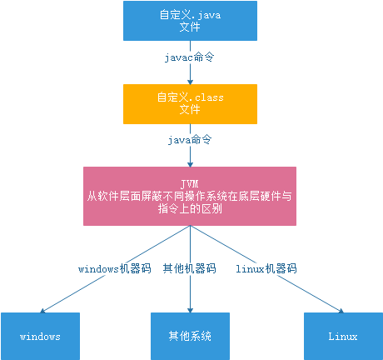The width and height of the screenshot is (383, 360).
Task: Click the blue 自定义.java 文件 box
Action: pyautogui.click(x=190, y=21)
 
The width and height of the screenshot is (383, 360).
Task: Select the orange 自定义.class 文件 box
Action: pyautogui.click(x=190, y=104)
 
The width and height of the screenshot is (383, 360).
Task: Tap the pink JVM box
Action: pyautogui.click(x=190, y=196)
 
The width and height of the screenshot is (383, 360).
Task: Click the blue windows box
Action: pyautogui.click(x=40, y=336)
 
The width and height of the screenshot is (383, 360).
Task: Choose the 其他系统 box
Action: pyautogui.click(x=190, y=336)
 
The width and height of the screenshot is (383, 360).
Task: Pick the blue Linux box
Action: pyautogui.click(x=343, y=336)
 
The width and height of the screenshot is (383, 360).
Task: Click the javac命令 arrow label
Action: pyautogui.click(x=189, y=57)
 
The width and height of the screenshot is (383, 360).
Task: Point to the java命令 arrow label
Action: pyautogui.click(x=190, y=140)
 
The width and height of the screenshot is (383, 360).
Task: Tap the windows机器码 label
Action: pyautogui.click(x=115, y=268)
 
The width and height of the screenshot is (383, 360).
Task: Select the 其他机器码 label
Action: pyautogui.click(x=190, y=268)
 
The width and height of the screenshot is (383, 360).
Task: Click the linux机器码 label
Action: pyautogui.click(x=266, y=268)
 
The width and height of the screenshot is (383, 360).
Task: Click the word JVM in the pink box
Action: pyautogui.click(x=190, y=184)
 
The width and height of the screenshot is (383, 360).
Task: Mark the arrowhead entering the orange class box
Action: pyautogui.click(x=190, y=82)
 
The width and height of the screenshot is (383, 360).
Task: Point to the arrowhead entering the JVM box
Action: pyautogui.click(x=190, y=164)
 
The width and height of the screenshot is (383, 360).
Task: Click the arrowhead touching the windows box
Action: pyautogui.click(x=42, y=311)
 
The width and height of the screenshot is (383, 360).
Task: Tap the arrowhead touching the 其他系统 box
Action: pyautogui.click(x=190, y=310)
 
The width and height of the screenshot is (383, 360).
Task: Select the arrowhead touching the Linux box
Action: pyautogui.click(x=341, y=311)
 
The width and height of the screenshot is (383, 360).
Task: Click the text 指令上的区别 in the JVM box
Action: pyautogui.click(x=190, y=208)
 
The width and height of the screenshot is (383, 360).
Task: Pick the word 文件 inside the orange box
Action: pyautogui.click(x=190, y=109)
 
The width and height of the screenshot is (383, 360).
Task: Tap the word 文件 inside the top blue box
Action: pyautogui.click(x=190, y=27)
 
